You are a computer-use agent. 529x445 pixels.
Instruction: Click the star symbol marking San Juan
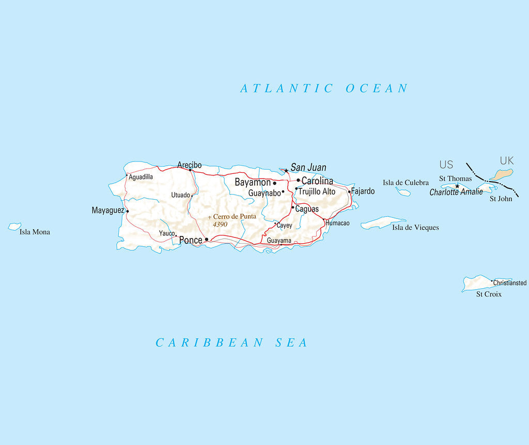[x=286, y=170]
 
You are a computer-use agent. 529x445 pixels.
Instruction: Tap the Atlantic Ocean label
[x=324, y=88]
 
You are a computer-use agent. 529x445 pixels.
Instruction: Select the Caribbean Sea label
[x=231, y=343]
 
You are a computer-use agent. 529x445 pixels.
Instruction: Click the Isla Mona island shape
[x=14, y=227]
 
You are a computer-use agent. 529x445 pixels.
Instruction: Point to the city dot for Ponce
[x=207, y=240]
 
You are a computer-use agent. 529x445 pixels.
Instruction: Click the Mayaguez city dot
[x=128, y=211]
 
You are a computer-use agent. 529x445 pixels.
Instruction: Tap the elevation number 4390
[x=220, y=225]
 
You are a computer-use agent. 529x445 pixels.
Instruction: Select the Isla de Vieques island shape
[x=382, y=223]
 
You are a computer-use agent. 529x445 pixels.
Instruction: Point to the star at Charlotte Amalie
[x=457, y=186]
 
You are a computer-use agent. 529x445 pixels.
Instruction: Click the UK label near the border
[x=507, y=161]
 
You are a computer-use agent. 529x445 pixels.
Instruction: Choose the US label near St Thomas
[x=446, y=165]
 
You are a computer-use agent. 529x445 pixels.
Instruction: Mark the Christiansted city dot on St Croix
[x=492, y=281]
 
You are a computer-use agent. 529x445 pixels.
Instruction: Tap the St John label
[x=501, y=198]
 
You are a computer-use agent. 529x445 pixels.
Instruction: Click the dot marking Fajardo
[x=349, y=192]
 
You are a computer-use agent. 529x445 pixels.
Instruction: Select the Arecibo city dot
[x=190, y=170]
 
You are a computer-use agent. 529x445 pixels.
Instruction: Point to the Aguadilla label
[x=141, y=177]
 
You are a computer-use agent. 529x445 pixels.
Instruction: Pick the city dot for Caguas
[x=293, y=207]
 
